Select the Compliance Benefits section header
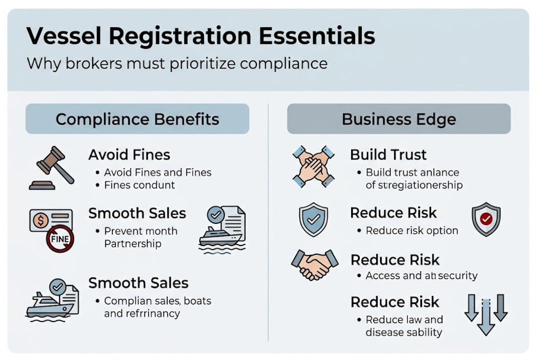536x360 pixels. pyautogui.click(x=137, y=119)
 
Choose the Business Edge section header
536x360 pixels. pyautogui.click(x=399, y=119)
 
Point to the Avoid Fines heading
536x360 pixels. pyautogui.click(x=129, y=155)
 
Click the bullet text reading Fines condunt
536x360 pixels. pyautogui.click(x=139, y=185)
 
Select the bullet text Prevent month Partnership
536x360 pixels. pyautogui.click(x=140, y=237)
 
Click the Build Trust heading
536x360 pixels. pyautogui.click(x=388, y=154)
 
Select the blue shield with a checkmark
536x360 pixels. pyautogui.click(x=313, y=219)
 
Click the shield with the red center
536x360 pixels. pyautogui.click(x=486, y=219)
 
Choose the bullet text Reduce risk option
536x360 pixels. pyautogui.click(x=412, y=230)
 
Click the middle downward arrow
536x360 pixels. pyautogui.click(x=486, y=315)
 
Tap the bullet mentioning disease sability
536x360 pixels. pyautogui.click(x=404, y=326)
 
